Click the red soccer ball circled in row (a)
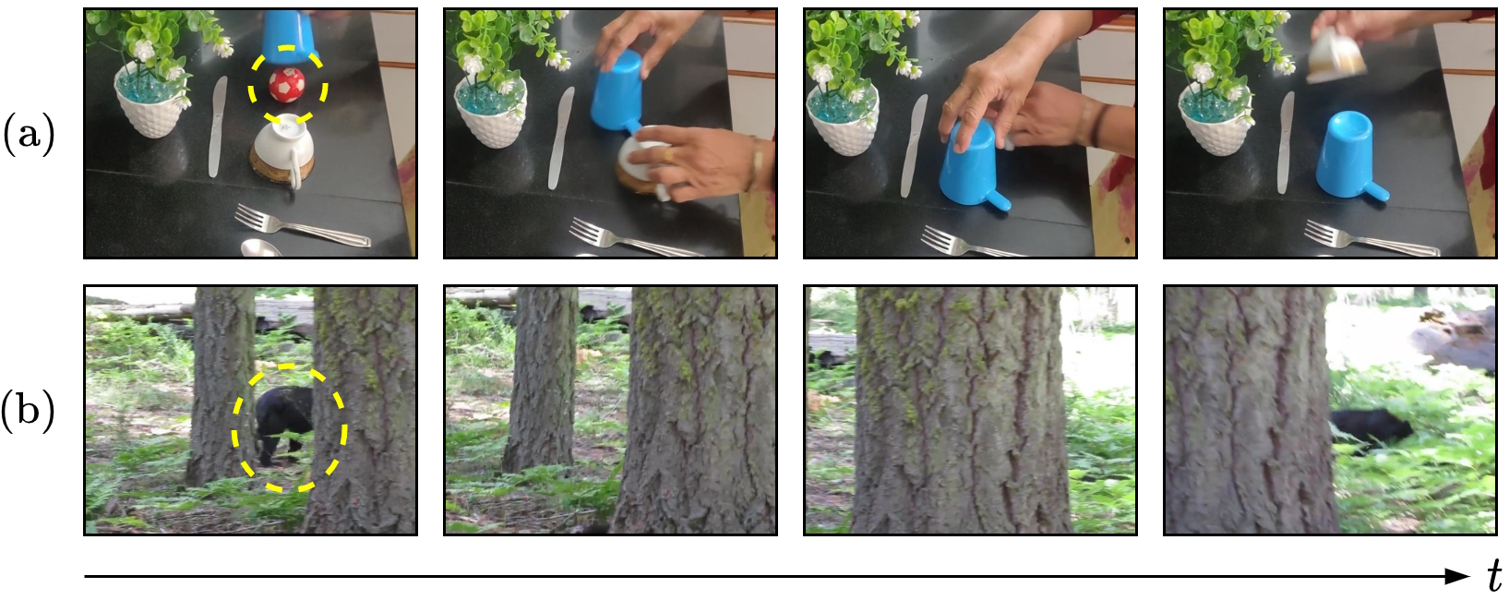point(287,85)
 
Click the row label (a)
point(30,136)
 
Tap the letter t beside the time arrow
point(1494,576)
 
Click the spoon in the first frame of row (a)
point(260,248)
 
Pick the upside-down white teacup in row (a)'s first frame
point(284,148)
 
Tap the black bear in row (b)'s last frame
point(1371,427)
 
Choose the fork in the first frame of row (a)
point(302,225)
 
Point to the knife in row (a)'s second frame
point(560,138)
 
